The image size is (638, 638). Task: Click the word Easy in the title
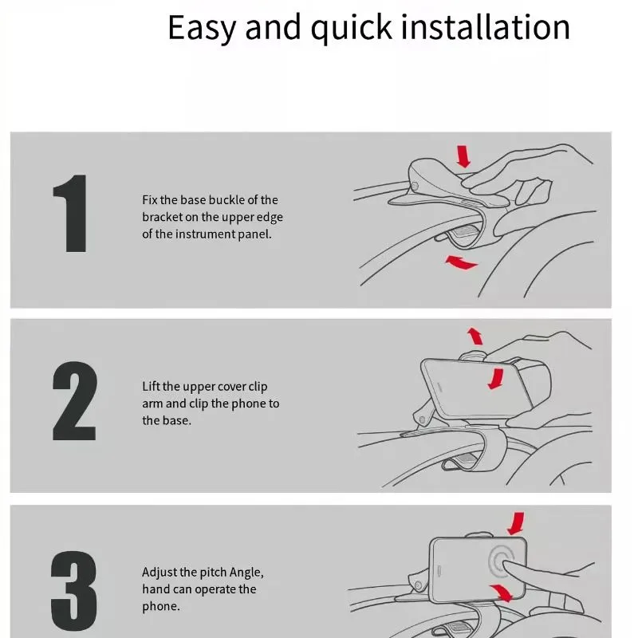click(x=202, y=28)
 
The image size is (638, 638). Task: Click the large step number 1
click(x=70, y=214)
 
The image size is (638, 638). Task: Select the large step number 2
click(x=74, y=401)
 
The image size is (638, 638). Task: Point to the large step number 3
click(x=74, y=591)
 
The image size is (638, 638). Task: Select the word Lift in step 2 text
click(x=151, y=386)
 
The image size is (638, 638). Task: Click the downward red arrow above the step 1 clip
click(x=463, y=156)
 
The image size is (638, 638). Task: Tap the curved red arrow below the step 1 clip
click(x=462, y=262)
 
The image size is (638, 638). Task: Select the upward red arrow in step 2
click(x=475, y=336)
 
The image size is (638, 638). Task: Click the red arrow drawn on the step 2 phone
click(x=496, y=379)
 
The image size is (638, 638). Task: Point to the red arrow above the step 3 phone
click(x=516, y=523)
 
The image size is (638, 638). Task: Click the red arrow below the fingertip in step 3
click(x=502, y=593)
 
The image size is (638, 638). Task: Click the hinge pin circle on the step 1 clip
click(x=414, y=187)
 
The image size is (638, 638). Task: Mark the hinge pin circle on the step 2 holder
click(x=422, y=420)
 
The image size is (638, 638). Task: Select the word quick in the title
click(x=352, y=28)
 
